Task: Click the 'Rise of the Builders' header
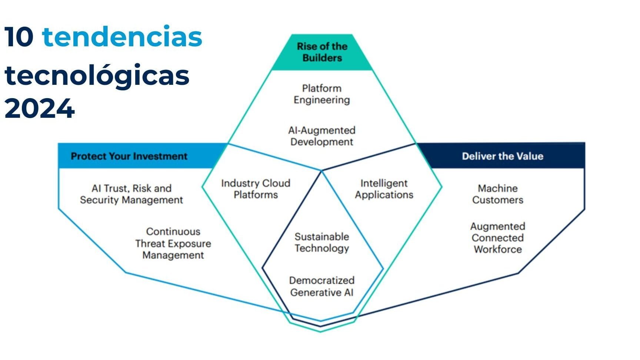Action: (322, 52)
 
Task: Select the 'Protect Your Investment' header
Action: (129, 156)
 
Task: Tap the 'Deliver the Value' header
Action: (502, 156)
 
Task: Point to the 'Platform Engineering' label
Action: (321, 94)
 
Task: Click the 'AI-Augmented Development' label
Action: (321, 136)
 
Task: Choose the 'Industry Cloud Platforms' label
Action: (256, 189)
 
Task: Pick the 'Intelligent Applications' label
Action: (384, 189)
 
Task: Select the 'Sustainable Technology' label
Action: (321, 242)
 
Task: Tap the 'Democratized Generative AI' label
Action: (321, 286)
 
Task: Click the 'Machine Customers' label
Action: (497, 194)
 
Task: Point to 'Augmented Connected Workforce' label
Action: (497, 238)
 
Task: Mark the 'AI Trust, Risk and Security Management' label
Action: (131, 194)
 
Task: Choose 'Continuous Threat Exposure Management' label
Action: (173, 243)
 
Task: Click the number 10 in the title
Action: (19, 37)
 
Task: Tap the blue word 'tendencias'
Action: (122, 37)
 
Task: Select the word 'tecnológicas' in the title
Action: (97, 75)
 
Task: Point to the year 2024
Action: (40, 109)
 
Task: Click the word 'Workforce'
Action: (497, 249)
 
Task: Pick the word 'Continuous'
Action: (173, 231)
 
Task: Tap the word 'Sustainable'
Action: (321, 237)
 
